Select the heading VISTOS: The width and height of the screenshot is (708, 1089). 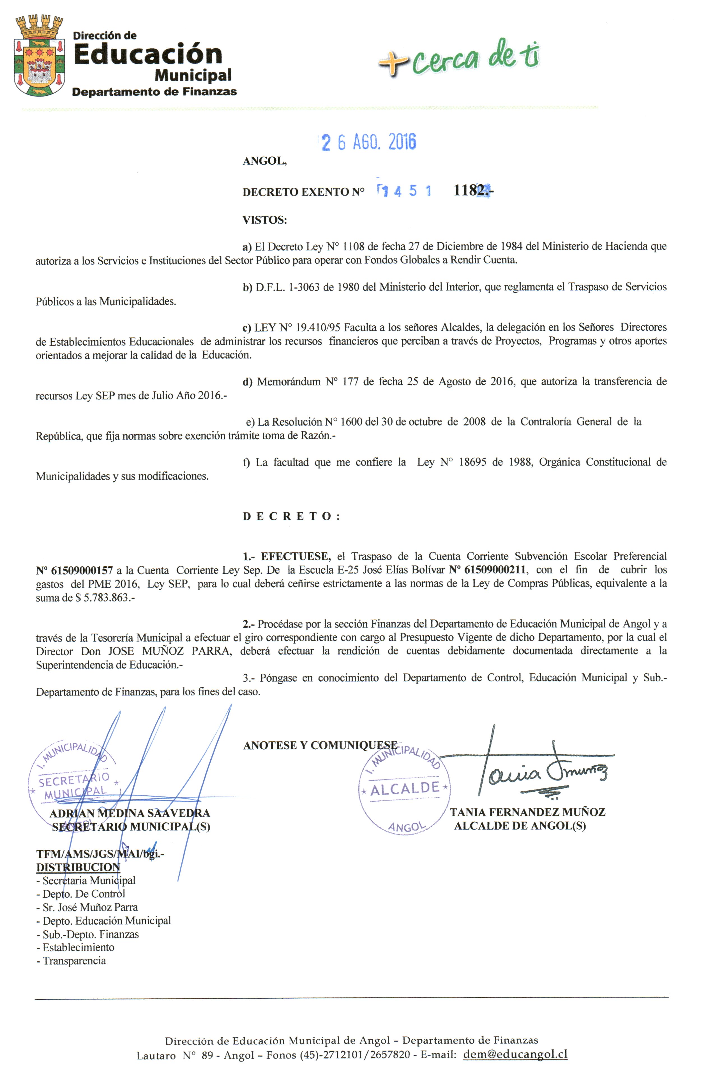coord(264,220)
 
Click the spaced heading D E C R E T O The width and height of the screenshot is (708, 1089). coord(291,517)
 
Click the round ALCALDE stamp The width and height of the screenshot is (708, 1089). coord(404,790)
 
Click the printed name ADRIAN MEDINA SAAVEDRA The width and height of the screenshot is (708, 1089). coord(130,813)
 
